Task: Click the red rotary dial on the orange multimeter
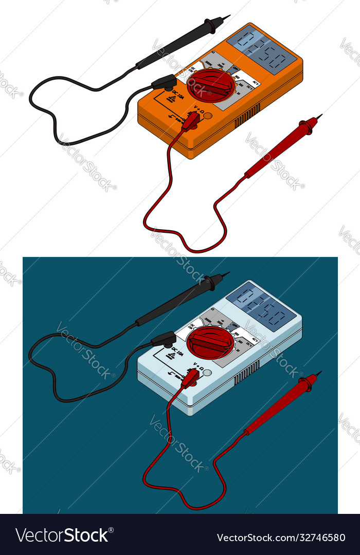pyautogui.click(x=211, y=85)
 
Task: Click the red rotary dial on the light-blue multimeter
pyautogui.click(x=210, y=342)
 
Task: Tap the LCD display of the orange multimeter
pyautogui.click(x=262, y=48)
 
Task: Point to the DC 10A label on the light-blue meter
pyautogui.click(x=177, y=354)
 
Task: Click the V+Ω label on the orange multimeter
pyautogui.click(x=198, y=109)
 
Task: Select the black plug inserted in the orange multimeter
pyautogui.click(x=165, y=82)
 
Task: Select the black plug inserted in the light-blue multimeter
pyautogui.click(x=164, y=339)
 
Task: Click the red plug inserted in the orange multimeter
pyautogui.click(x=191, y=122)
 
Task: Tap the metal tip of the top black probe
pyautogui.click(x=226, y=17)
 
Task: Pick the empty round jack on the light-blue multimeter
pyautogui.click(x=207, y=373)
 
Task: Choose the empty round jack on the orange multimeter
pyautogui.click(x=208, y=116)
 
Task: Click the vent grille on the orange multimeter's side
pyautogui.click(x=247, y=117)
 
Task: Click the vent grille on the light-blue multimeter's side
pyautogui.click(x=247, y=374)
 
